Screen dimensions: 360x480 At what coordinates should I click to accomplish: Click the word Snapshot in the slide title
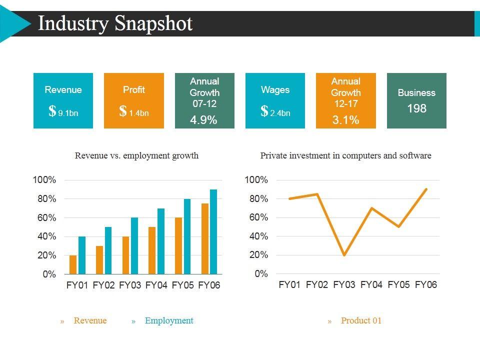tap(153, 23)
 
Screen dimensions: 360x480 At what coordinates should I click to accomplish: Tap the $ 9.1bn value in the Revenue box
tap(63, 112)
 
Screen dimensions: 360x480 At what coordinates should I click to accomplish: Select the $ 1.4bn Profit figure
tap(133, 112)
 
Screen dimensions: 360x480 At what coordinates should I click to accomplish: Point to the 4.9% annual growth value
tap(204, 120)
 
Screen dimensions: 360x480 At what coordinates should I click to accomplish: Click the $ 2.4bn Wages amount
tap(275, 112)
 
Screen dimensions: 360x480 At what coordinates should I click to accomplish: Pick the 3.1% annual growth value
tap(345, 120)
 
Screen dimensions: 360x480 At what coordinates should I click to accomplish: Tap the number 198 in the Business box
tap(416, 108)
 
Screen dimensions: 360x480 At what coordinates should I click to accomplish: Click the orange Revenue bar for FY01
tap(73, 264)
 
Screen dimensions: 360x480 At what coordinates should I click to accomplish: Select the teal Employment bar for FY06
tap(213, 231)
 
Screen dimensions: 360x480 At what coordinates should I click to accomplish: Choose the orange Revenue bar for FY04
tap(152, 250)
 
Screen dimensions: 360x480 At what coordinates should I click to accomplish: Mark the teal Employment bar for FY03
tap(134, 245)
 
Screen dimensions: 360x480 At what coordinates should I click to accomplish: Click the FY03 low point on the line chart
tap(344, 255)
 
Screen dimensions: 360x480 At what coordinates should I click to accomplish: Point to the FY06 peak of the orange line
tap(426, 189)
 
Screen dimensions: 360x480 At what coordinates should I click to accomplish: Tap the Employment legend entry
tap(168, 321)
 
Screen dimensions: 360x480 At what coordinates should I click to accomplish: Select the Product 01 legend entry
tap(361, 321)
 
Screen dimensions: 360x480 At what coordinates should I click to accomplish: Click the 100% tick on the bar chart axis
tap(44, 180)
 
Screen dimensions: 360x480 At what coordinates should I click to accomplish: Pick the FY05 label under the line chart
tap(398, 285)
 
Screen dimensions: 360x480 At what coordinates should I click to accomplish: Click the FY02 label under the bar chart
tap(104, 286)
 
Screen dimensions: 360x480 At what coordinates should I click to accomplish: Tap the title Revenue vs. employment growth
tap(136, 155)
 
